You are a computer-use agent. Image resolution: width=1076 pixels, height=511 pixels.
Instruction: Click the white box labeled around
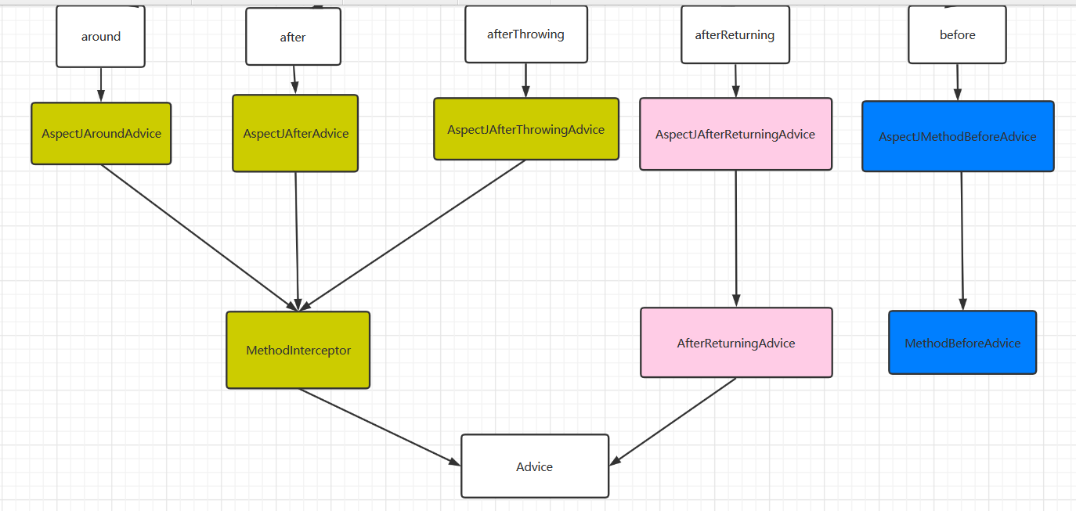(100, 37)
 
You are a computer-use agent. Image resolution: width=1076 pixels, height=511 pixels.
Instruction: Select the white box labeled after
(293, 37)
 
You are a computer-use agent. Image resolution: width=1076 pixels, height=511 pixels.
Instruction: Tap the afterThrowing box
(525, 34)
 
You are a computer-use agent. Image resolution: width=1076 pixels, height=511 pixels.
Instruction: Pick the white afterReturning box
(735, 35)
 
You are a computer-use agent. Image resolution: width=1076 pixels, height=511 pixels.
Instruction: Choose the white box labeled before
(957, 35)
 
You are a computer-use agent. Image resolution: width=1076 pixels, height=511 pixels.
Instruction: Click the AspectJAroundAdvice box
(101, 134)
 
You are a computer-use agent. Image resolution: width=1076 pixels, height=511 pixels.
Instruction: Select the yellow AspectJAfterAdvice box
(295, 134)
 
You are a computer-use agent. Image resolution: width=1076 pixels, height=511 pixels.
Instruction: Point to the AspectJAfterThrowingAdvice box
(525, 129)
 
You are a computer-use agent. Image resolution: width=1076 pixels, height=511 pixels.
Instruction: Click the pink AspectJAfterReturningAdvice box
(735, 135)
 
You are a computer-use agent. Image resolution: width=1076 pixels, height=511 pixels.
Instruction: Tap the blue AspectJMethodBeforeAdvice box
(957, 137)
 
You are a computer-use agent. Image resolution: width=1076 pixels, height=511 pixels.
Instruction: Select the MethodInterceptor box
(298, 351)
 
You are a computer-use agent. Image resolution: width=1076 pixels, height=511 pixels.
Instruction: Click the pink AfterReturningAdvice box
(736, 344)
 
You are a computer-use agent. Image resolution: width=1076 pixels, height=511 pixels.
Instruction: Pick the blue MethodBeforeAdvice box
(962, 344)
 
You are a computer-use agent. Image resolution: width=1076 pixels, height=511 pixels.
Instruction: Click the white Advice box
(534, 466)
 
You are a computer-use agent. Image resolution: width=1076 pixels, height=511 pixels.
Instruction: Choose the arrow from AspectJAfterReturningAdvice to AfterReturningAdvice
(736, 239)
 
